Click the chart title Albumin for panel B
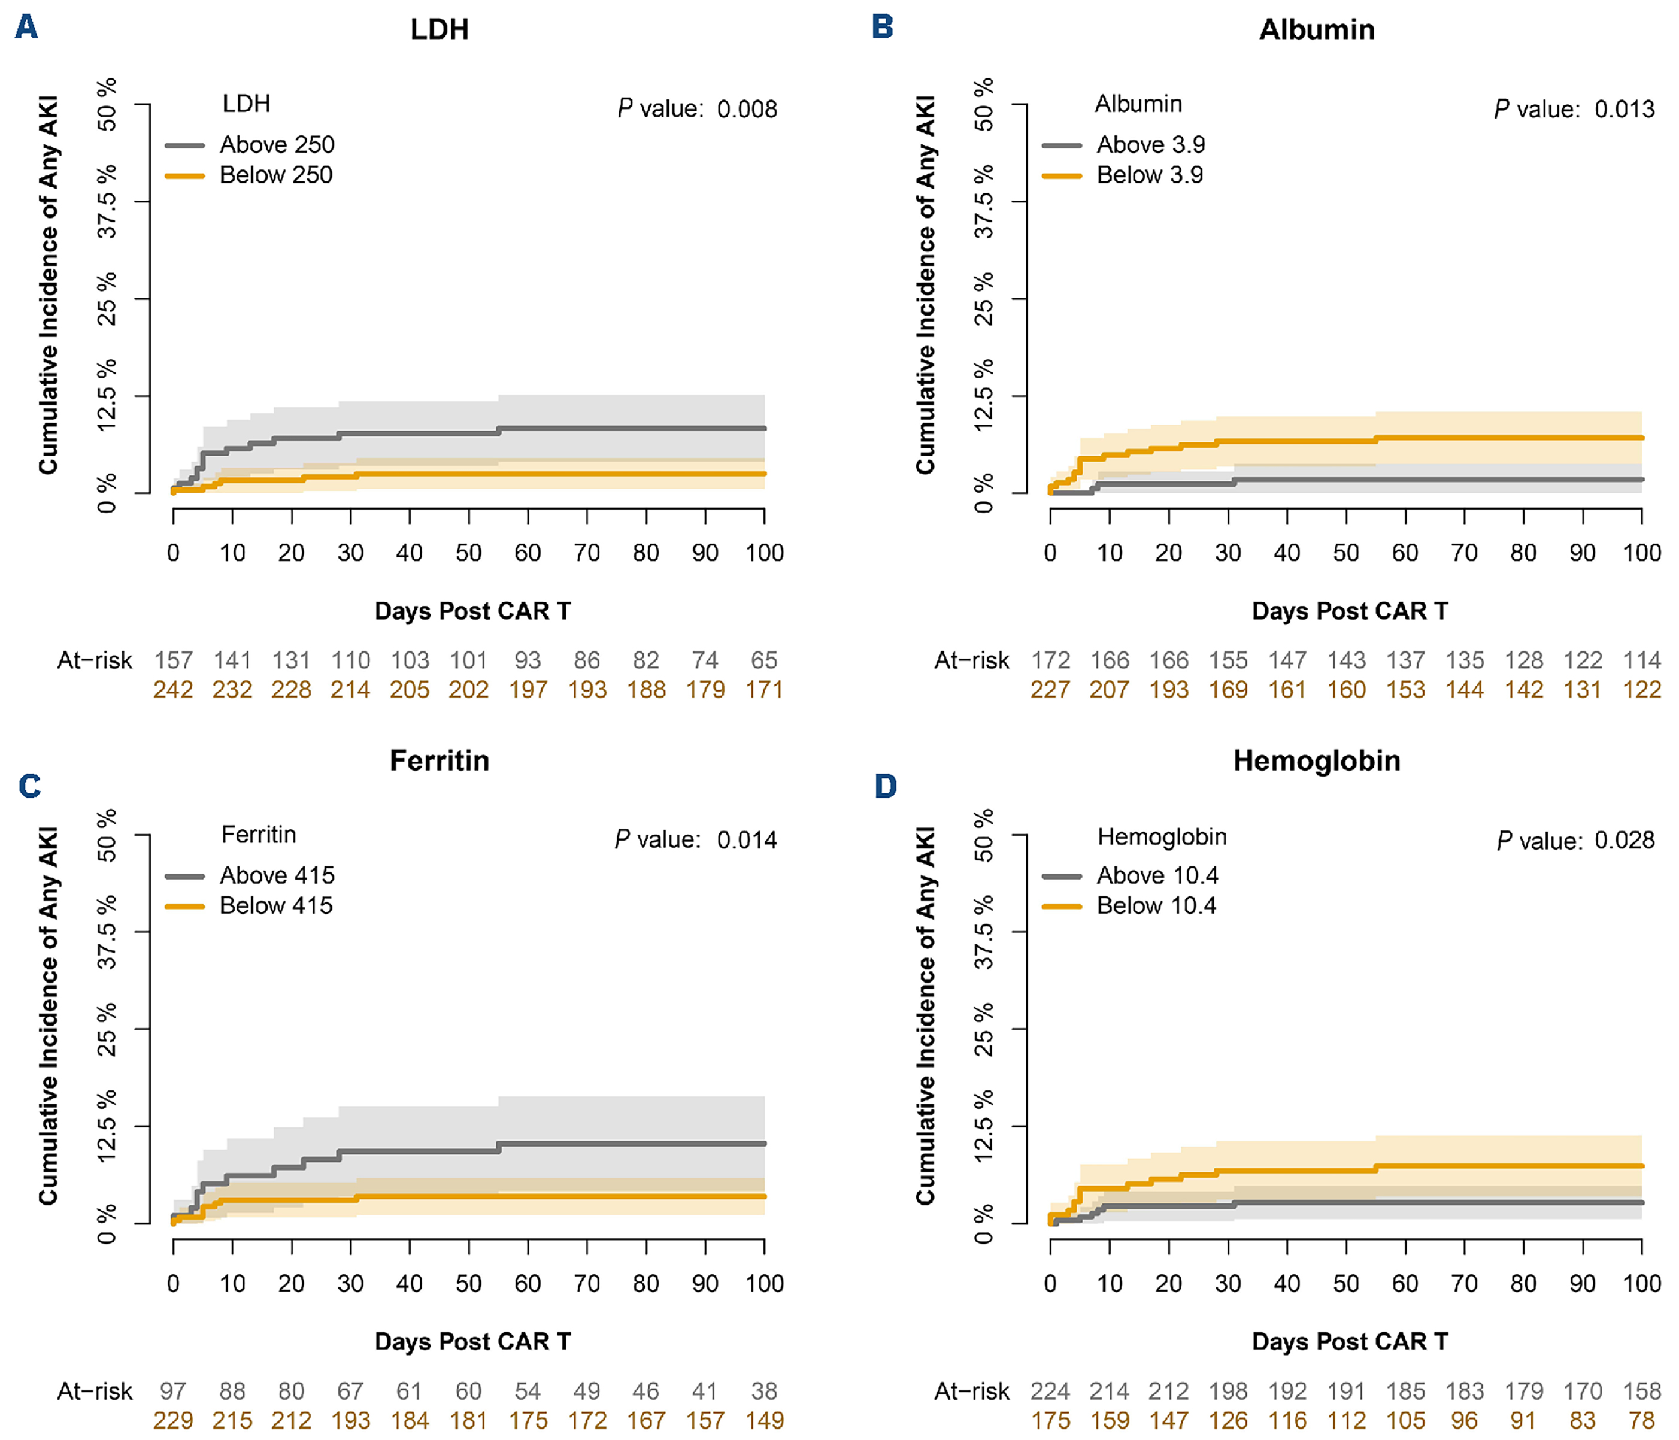(x=1316, y=30)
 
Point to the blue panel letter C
(x=30, y=786)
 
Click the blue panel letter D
(x=886, y=786)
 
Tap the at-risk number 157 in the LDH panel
(x=174, y=660)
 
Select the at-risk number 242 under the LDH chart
(x=174, y=690)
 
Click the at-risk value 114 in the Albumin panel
(x=1642, y=660)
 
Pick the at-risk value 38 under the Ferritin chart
(x=764, y=1392)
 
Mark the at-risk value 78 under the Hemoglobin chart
(x=1642, y=1421)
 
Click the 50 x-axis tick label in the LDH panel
(x=468, y=553)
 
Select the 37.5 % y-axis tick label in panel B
(x=984, y=201)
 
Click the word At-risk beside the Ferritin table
(x=94, y=1392)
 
